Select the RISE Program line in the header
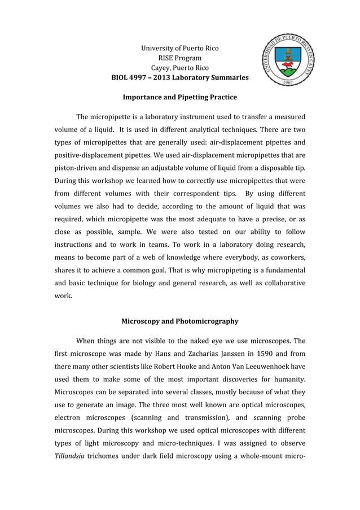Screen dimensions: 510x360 pos(179,58)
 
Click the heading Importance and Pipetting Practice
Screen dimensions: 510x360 pos(179,97)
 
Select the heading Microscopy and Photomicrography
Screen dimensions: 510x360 pos(179,321)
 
